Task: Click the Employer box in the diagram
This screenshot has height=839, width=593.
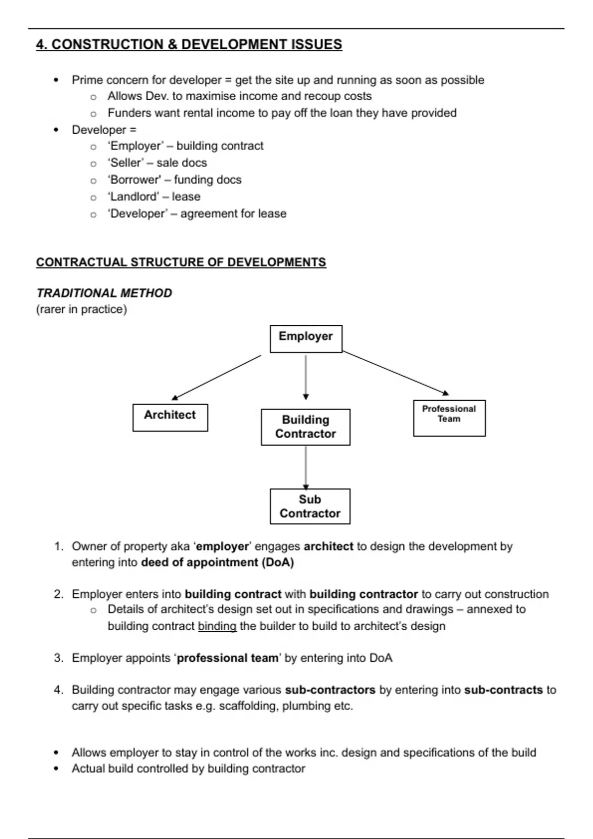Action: (x=306, y=339)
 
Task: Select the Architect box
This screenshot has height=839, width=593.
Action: (x=170, y=418)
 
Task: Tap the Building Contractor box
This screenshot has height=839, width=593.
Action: (x=305, y=427)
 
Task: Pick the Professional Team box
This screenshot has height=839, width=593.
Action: (x=449, y=418)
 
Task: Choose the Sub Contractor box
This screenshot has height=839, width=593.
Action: (x=310, y=506)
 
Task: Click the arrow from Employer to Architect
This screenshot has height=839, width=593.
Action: (x=216, y=377)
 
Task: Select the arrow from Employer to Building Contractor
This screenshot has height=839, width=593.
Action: (x=306, y=376)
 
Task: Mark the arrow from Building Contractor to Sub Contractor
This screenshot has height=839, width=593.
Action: (x=306, y=466)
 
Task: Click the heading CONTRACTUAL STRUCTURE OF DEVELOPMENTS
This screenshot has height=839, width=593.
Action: (x=181, y=263)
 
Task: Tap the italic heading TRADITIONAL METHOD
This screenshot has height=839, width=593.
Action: (x=104, y=293)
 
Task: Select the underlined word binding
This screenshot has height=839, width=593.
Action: (x=217, y=626)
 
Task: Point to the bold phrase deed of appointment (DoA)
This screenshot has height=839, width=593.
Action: (x=217, y=563)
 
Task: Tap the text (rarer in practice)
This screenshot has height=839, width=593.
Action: (x=82, y=309)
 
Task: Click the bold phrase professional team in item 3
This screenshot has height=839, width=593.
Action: (x=227, y=658)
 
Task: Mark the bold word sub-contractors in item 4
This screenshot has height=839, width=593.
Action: (x=330, y=690)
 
